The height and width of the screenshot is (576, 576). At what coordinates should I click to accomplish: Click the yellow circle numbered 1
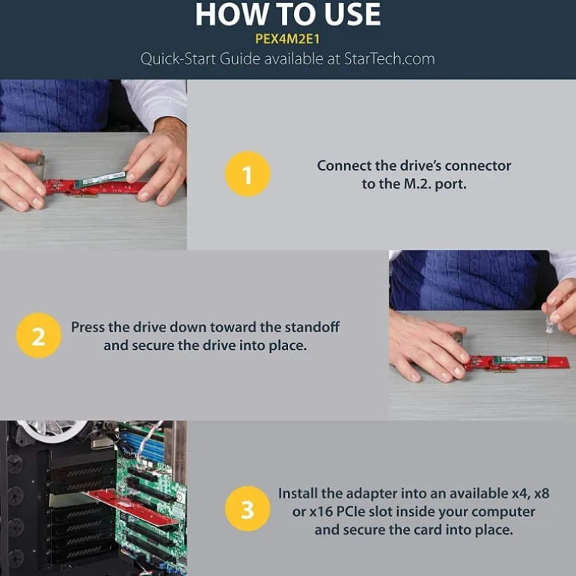pyautogui.click(x=248, y=174)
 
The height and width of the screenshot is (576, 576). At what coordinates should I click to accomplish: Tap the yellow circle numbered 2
pyautogui.click(x=39, y=335)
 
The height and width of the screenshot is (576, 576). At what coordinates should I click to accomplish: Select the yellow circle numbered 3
pyautogui.click(x=248, y=509)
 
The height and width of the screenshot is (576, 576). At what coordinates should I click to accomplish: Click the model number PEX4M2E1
pyautogui.click(x=288, y=39)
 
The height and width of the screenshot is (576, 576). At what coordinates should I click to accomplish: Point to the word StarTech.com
pyautogui.click(x=390, y=59)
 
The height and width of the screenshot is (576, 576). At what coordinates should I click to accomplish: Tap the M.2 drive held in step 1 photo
pyautogui.click(x=101, y=179)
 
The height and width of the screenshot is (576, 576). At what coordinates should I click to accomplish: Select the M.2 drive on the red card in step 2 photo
pyautogui.click(x=519, y=359)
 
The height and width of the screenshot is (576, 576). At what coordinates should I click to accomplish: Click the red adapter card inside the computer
pyautogui.click(x=132, y=507)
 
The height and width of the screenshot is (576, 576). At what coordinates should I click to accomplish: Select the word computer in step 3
pyautogui.click(x=503, y=512)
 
